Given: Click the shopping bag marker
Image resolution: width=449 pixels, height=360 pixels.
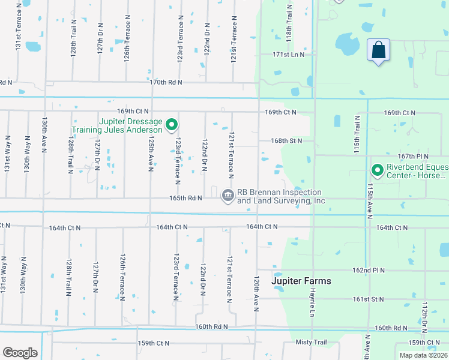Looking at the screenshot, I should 378,50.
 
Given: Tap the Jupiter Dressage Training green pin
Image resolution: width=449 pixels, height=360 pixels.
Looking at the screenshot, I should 172,125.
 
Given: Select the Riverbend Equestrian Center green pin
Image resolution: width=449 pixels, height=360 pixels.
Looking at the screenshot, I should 378,171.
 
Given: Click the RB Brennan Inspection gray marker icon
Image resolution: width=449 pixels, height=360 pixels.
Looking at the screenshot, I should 228,195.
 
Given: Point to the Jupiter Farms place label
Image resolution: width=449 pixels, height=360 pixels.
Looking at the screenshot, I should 301,281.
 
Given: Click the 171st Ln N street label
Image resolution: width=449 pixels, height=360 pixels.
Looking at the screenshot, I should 288,55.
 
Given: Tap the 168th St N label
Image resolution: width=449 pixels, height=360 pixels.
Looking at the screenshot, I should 286,141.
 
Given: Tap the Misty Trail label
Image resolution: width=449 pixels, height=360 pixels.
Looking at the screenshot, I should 311,342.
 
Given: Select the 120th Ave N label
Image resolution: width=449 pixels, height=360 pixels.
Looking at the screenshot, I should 256,293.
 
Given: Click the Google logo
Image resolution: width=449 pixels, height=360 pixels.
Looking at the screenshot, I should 20,352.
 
